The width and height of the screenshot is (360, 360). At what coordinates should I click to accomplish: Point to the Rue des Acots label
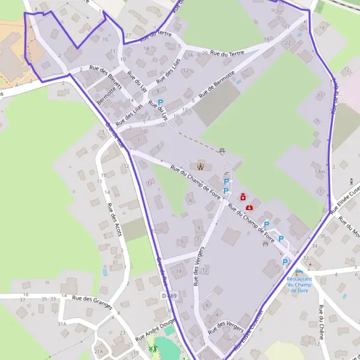pyautogui.click(x=114, y=220)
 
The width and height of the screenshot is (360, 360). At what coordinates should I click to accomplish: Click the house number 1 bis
pyautogui.click(x=320, y=172)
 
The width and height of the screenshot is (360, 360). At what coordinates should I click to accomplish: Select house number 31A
pyautogui.click(x=61, y=323)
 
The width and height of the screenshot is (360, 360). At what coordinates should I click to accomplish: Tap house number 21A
pyautogui.click(x=98, y=352)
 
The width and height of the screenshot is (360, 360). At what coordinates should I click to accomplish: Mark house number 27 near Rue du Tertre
pyautogui.click(x=128, y=35)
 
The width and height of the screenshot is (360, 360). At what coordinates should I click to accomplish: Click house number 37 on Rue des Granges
pyautogui.click(x=23, y=299)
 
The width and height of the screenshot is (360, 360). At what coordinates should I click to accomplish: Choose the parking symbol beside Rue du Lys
pyautogui.click(x=160, y=103)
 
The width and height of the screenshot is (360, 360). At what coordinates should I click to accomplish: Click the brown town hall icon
pyautogui.click(x=200, y=166)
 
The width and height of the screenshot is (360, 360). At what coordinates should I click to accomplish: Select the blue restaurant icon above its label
pyautogui.click(x=299, y=272)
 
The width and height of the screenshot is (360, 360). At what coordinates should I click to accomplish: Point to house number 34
pyautogui.click(x=314, y=246)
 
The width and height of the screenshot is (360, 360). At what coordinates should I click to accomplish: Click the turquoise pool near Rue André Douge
pyautogui.click(x=163, y=347)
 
